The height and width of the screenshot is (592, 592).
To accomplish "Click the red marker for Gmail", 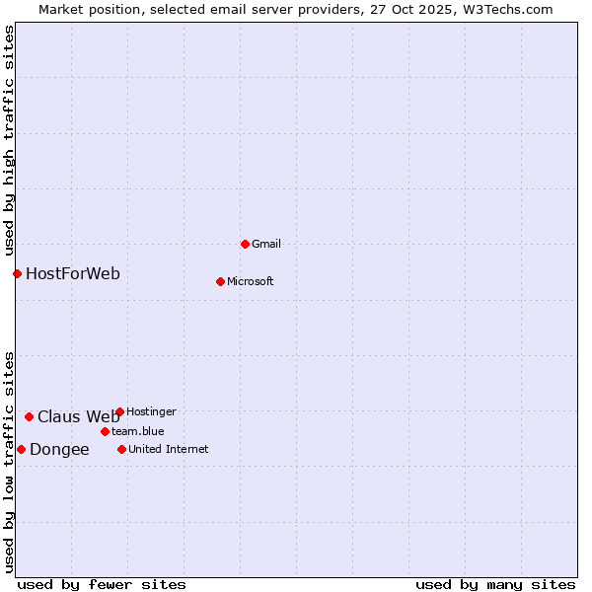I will click(245, 244).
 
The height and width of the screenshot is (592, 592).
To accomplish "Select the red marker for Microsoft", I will click(220, 281).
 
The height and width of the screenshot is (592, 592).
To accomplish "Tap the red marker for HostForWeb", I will click(17, 273).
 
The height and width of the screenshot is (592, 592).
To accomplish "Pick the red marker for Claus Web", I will click(29, 416).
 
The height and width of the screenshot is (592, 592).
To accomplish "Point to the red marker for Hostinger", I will click(119, 411).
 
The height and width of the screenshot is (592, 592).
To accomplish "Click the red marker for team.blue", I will click(105, 431).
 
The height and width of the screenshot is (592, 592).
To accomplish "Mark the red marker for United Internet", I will click(121, 449).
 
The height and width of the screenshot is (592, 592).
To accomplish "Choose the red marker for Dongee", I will click(21, 449).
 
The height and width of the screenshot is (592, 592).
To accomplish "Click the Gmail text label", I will click(266, 244).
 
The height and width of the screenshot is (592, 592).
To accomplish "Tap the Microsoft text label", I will click(250, 281).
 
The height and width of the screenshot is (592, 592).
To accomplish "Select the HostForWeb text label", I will click(73, 273).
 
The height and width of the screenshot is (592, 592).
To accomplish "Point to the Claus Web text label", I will click(78, 416).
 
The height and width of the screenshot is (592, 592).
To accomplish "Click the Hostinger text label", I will click(151, 411).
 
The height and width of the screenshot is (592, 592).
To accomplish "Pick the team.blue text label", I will click(137, 431).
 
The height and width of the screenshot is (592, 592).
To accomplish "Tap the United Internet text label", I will click(168, 449).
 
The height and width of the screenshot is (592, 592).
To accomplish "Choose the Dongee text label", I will click(59, 450).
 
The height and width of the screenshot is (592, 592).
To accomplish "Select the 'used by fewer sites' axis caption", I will click(102, 584).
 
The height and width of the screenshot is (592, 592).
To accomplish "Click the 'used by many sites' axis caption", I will click(495, 584).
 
